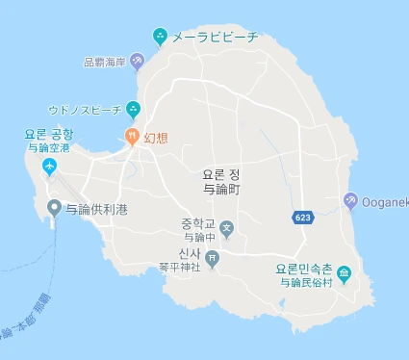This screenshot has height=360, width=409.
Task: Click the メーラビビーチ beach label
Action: [215, 38]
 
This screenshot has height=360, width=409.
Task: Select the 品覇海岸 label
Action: [106, 62]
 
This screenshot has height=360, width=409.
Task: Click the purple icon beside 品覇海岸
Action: [138, 62]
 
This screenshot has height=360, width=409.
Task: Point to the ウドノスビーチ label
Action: [85, 110]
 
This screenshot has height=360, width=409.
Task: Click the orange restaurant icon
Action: [133, 138]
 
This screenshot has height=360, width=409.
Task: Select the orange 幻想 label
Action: [156, 138]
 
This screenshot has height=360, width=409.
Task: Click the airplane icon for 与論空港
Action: [49, 168]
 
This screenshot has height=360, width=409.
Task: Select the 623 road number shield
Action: [302, 219]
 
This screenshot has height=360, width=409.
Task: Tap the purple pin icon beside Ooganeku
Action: [350, 201]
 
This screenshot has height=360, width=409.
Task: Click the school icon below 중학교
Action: [226, 229]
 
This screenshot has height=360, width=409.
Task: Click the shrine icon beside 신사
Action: [213, 258]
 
